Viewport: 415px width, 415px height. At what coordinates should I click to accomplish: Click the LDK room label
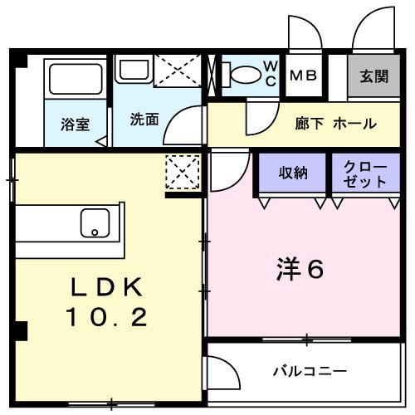(107, 287)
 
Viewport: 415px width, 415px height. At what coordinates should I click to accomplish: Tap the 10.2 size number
(107, 316)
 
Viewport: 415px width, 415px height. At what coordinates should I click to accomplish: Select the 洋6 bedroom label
(299, 269)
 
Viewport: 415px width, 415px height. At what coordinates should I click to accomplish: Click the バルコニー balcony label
(310, 370)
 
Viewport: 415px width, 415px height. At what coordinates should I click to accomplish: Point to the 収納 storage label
(293, 173)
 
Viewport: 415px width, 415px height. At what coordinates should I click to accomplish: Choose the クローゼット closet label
(365, 173)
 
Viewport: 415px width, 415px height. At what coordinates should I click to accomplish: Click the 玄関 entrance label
(373, 76)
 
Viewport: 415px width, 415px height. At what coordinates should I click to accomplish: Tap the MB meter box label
(303, 76)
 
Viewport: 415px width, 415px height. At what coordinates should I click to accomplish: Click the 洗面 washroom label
(144, 119)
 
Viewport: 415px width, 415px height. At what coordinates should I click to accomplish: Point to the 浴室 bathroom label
(74, 124)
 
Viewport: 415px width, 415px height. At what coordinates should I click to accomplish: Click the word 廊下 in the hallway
(308, 124)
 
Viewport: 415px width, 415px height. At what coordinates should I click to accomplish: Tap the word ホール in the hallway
(354, 124)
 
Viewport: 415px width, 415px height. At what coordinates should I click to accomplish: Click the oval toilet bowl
(244, 75)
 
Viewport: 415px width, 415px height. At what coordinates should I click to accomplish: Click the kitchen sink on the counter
(95, 222)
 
